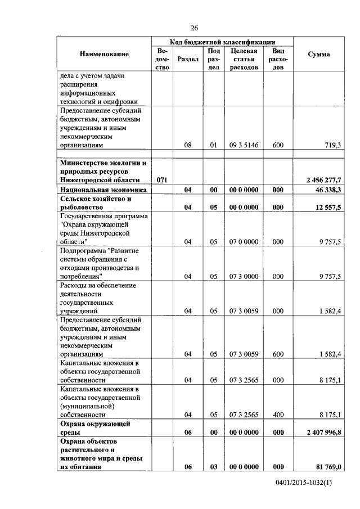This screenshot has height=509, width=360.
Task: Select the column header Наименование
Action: point(104,54)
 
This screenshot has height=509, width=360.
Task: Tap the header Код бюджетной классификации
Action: point(222,42)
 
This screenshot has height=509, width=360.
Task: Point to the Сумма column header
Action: point(319,54)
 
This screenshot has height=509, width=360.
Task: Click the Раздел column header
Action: point(187,58)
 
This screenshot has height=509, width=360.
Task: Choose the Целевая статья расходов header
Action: point(244,58)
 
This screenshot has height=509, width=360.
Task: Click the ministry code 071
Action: point(161,179)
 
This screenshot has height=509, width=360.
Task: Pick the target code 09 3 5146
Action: point(244,145)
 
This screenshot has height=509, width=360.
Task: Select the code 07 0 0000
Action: point(244,241)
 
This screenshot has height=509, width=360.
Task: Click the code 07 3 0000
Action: point(244,276)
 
